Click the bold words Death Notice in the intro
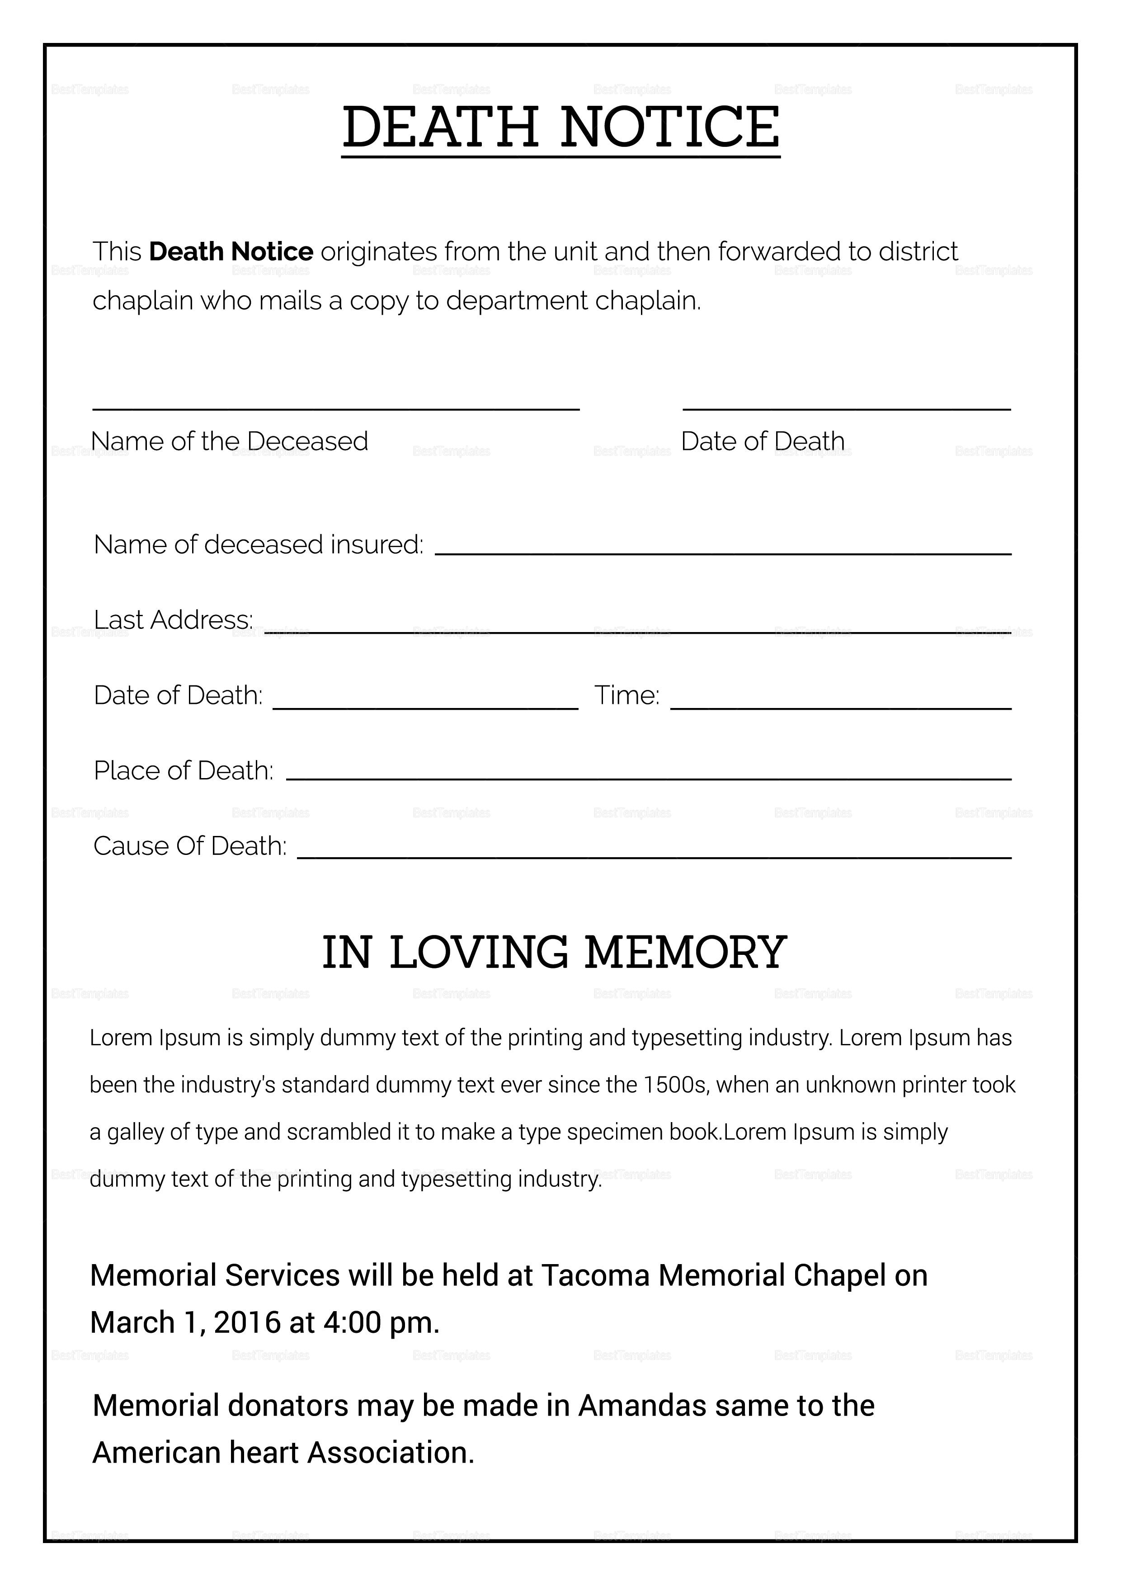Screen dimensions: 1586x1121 (231, 251)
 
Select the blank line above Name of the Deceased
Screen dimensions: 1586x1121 (336, 409)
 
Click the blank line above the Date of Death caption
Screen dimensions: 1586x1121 (846, 409)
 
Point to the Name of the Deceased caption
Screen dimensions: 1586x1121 (229, 441)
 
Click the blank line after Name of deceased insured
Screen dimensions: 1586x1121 (722, 554)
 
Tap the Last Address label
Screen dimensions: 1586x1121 (173, 620)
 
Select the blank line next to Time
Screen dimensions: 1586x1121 (841, 708)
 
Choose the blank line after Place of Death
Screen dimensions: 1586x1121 (649, 779)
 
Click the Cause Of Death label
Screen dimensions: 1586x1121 (189, 846)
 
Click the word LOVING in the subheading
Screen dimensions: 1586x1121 (479, 953)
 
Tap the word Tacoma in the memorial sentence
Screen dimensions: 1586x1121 (595, 1277)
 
